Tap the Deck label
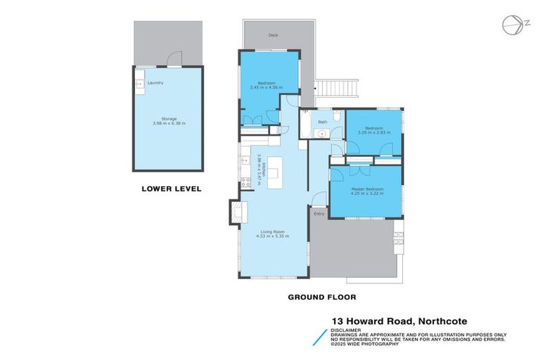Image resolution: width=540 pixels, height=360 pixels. [273, 34]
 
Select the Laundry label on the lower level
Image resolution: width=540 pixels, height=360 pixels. [155, 83]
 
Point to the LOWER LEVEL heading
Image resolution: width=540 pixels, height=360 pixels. [172, 188]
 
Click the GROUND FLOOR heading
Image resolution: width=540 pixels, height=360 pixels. [322, 297]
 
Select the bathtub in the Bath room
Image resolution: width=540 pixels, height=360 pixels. [303, 126]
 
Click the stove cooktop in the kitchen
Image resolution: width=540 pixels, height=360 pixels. [246, 182]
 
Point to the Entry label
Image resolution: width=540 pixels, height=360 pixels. [319, 214]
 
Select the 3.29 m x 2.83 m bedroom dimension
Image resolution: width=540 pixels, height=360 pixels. [373, 132]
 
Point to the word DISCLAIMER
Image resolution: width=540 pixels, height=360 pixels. [346, 329]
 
